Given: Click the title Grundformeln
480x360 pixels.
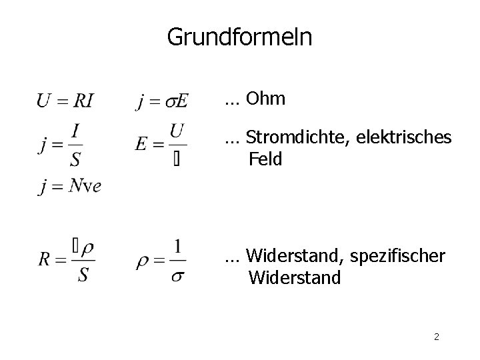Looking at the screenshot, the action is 239,37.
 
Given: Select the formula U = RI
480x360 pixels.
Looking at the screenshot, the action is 65,101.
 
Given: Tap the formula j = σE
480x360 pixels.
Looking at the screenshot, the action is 162,101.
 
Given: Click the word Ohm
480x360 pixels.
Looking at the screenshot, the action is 265,99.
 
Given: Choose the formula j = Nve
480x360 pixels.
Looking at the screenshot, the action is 69,186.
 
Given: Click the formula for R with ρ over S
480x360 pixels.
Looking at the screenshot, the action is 66,259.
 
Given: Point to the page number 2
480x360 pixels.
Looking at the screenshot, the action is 436,337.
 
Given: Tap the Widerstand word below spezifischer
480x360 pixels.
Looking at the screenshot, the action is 295,276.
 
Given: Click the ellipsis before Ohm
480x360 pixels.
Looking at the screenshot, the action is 233,101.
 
